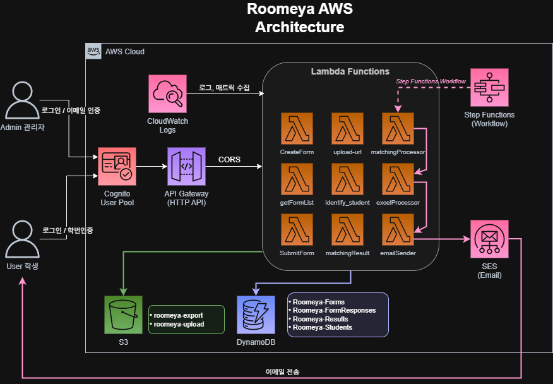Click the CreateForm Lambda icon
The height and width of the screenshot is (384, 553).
[297, 129]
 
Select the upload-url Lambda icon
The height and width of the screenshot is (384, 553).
[347, 129]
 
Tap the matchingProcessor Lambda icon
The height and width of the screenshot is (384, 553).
[398, 129]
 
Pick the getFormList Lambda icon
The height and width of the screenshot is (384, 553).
[297, 179]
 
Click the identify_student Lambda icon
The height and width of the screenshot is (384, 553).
[347, 179]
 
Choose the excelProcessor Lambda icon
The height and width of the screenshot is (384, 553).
[398, 179]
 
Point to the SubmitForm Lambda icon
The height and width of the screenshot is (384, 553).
[297, 230]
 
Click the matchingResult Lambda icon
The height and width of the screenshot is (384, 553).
[347, 230]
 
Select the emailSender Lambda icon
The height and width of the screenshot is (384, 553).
[398, 230]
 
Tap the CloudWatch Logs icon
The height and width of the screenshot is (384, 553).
[168, 94]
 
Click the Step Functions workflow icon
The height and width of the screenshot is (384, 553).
[489, 87]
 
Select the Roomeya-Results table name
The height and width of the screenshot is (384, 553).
[320, 319]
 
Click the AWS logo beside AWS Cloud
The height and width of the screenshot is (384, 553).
[93, 51]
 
